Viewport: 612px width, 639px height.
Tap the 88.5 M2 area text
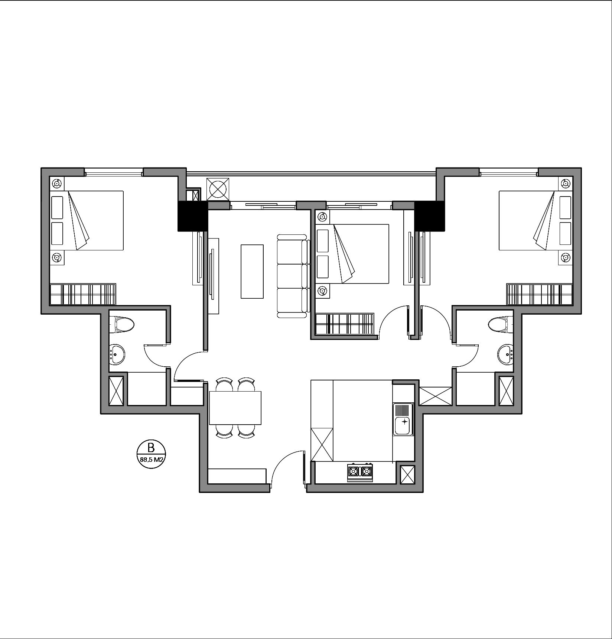click(x=151, y=460)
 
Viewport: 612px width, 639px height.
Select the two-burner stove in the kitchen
click(x=360, y=472)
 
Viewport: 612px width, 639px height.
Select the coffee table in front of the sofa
click(x=252, y=271)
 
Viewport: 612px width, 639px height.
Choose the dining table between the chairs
click(x=235, y=408)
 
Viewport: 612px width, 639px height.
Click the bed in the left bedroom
click(x=87, y=220)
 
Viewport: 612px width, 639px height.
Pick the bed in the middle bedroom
click(x=352, y=254)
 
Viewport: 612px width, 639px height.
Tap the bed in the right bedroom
click(x=535, y=220)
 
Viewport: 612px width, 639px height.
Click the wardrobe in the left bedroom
click(x=83, y=294)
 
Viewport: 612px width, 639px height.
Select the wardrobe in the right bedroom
click(x=540, y=294)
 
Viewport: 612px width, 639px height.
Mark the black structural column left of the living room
click(x=193, y=216)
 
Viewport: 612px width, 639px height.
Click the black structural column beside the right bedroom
click(x=429, y=216)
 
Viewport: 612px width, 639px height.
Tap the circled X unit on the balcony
click(x=218, y=189)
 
